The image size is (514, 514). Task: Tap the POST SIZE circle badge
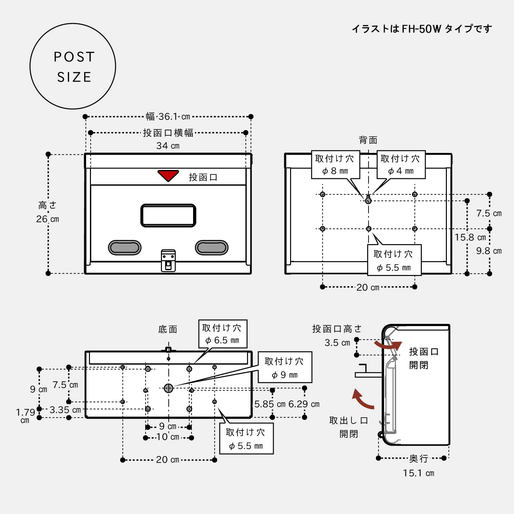click(73, 66)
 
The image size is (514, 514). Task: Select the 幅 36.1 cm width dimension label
click(168, 116)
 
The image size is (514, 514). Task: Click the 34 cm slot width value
click(168, 146)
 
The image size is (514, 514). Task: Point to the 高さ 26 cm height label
click(48, 212)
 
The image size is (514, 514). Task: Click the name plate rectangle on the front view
click(168, 215)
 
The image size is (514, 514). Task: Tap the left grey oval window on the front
click(125, 247)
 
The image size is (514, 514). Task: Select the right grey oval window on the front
click(211, 247)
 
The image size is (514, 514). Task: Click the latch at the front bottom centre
click(168, 260)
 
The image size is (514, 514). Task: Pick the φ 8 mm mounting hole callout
click(335, 164)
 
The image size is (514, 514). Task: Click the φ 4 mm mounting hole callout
click(401, 164)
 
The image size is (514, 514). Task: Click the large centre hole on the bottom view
click(168, 388)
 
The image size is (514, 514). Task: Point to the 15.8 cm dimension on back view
click(470, 237)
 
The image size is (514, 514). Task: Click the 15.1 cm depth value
click(418, 473)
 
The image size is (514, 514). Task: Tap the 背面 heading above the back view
click(368, 140)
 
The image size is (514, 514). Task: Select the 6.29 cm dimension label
click(304, 404)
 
